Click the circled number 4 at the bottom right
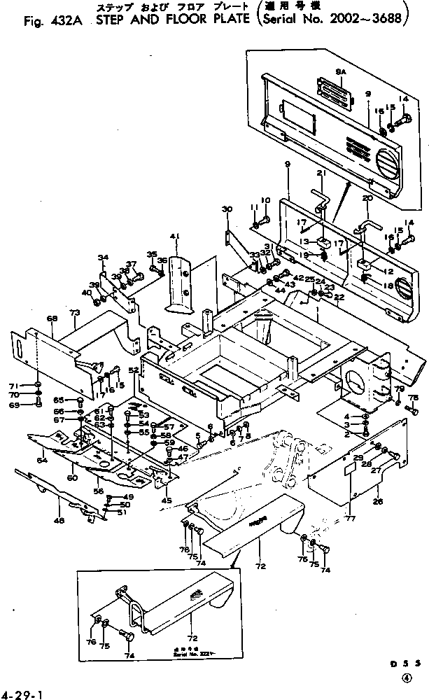406,678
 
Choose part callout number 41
174,236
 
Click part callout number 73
75,310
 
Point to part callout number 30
226,209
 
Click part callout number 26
378,501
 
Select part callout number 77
351,518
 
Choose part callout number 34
103,258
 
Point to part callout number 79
399,389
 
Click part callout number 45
166,500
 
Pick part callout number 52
132,370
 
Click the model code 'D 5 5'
407,661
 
